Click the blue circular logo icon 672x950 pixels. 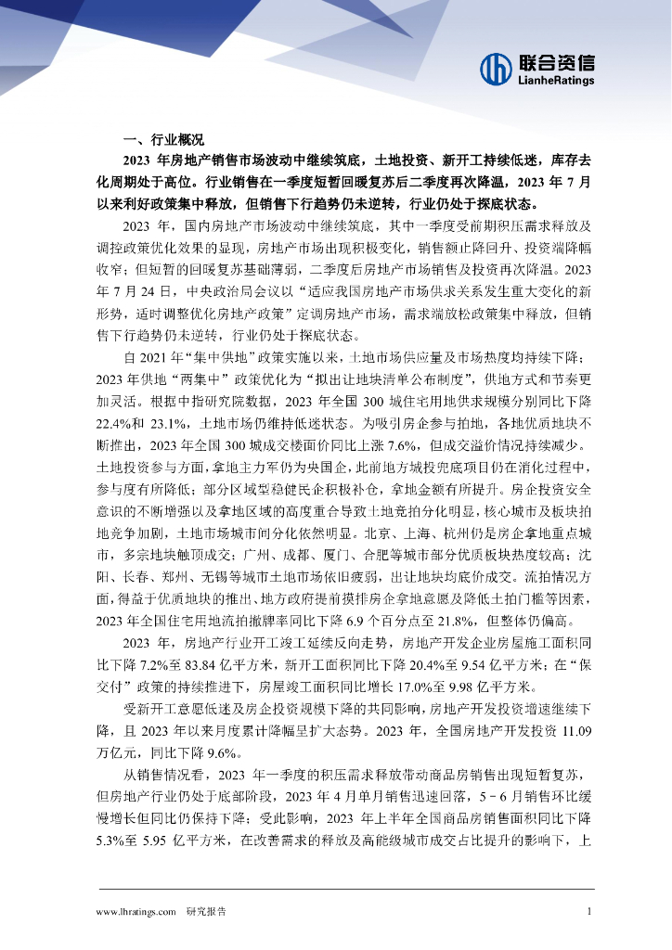(x=497, y=68)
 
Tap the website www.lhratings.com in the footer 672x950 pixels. (x=136, y=912)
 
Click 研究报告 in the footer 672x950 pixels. (x=206, y=912)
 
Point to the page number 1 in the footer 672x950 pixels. (x=589, y=912)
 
